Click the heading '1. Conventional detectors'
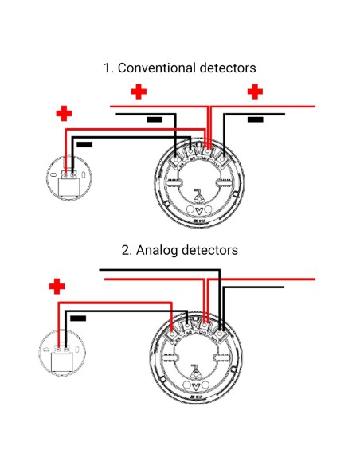pos(179,68)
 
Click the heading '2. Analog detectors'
pos(179,250)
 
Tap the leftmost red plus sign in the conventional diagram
pos(64,114)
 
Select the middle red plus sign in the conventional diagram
pos(139,92)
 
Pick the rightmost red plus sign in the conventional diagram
pos(255,92)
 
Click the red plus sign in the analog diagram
pos(56,286)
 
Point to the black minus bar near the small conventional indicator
pos(84,145)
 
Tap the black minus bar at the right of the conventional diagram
pos(255,119)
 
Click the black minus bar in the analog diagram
pos(78,318)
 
